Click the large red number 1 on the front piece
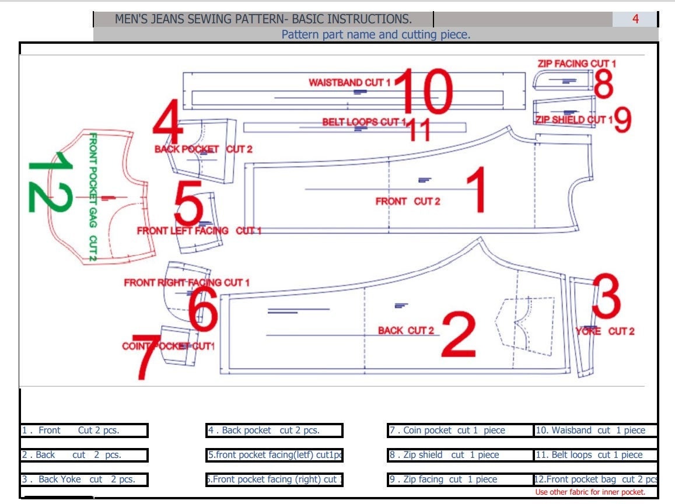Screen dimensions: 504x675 [475, 190]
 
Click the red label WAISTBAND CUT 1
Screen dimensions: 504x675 [349, 83]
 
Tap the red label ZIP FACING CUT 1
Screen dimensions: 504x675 [576, 64]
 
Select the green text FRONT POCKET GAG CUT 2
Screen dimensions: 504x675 [93, 197]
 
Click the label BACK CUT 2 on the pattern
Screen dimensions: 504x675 [406, 331]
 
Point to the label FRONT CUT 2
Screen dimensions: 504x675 [408, 201]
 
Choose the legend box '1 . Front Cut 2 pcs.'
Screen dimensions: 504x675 [84, 430]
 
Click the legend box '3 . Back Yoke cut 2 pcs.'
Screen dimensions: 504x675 [84, 480]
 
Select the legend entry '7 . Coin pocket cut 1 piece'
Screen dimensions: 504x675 [454, 430]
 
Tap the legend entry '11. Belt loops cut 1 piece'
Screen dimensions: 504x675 [596, 455]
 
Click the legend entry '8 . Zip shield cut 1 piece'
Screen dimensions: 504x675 [454, 455]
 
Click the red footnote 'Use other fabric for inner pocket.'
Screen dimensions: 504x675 [590, 492]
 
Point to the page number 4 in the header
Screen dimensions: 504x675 [635, 19]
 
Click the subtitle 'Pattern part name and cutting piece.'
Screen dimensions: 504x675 [376, 34]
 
